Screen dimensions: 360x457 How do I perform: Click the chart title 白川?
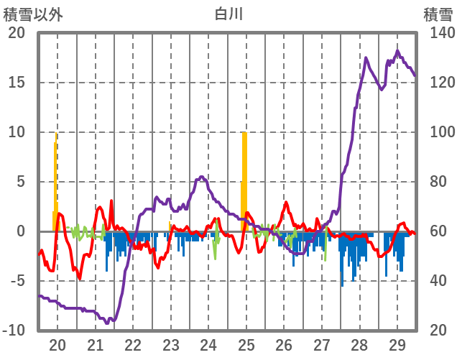point(228,14)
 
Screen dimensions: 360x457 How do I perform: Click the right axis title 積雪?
point(438,14)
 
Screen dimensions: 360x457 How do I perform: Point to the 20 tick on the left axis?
point(17,33)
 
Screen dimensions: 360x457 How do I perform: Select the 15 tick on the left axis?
point(17,83)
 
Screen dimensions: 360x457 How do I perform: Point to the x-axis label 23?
point(171,344)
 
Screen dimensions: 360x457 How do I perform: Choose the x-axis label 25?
point(246,344)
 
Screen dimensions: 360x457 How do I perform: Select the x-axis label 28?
point(359,344)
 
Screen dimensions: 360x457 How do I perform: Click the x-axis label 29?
point(397,344)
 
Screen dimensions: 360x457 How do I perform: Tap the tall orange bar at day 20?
point(56,180)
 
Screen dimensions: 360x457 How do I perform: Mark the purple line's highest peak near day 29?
point(397,51)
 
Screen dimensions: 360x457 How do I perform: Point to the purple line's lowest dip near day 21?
point(108,323)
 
